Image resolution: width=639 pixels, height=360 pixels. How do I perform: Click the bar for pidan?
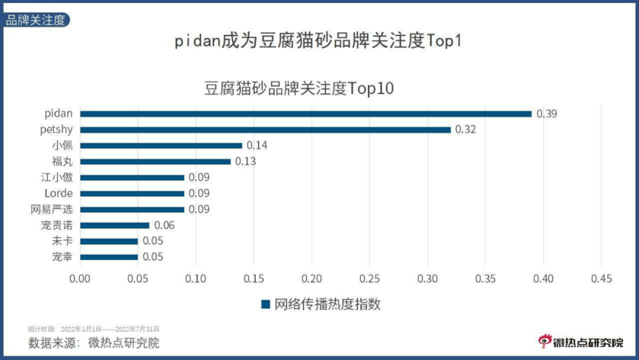click(x=305, y=114)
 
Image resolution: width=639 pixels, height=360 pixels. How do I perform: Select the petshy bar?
click(x=265, y=130)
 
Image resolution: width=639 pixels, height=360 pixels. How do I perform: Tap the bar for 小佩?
click(x=161, y=145)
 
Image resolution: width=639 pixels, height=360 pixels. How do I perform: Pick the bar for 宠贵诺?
click(x=114, y=225)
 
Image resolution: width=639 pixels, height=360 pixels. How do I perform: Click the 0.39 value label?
click(x=546, y=114)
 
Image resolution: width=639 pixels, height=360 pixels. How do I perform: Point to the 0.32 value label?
click(x=465, y=130)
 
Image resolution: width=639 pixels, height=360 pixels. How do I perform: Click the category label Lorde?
click(x=58, y=193)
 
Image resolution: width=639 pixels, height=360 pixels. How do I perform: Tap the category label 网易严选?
click(x=51, y=209)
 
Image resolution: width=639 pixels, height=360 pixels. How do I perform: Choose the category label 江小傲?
click(x=56, y=177)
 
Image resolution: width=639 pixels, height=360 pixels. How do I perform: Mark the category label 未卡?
click(x=62, y=241)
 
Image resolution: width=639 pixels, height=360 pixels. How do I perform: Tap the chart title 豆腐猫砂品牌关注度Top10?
click(x=299, y=88)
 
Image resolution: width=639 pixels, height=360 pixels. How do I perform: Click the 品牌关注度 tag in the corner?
click(x=35, y=20)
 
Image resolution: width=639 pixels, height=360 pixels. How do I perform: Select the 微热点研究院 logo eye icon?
click(x=544, y=341)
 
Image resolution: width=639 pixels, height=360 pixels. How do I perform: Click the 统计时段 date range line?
click(x=93, y=329)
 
